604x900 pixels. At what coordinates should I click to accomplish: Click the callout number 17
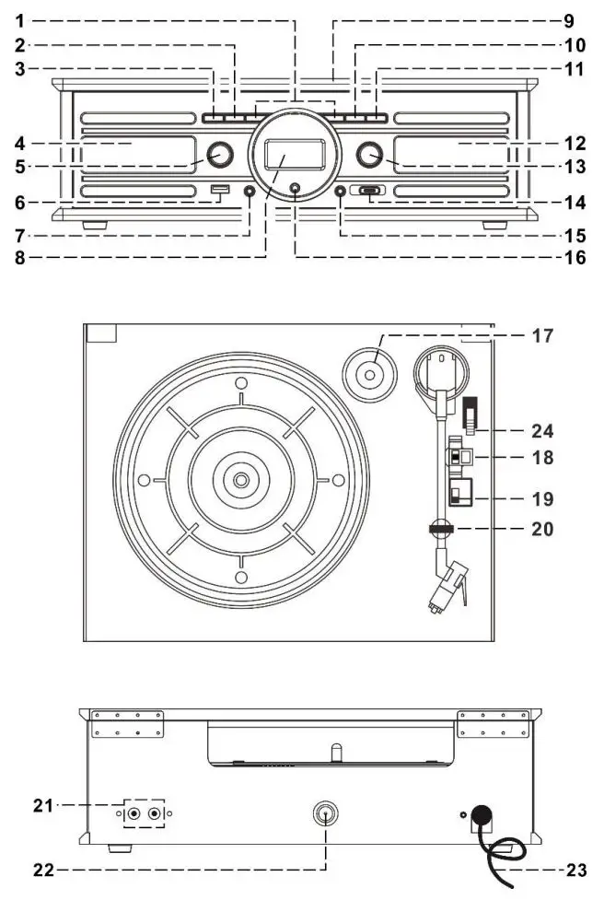(x=541, y=337)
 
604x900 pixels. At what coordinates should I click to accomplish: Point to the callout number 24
(x=541, y=429)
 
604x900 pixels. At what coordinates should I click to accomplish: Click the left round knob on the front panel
(x=218, y=155)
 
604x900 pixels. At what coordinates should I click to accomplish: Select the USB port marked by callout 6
(x=218, y=192)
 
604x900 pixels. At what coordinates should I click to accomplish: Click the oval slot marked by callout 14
(x=370, y=192)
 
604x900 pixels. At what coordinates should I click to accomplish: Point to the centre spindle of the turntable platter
(x=240, y=480)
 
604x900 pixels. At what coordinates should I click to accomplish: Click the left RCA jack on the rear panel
(x=136, y=813)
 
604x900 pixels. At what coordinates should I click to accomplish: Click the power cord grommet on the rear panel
(x=480, y=814)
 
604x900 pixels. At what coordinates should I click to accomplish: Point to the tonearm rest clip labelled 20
(x=439, y=528)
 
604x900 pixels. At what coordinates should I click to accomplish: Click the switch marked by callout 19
(x=459, y=491)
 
